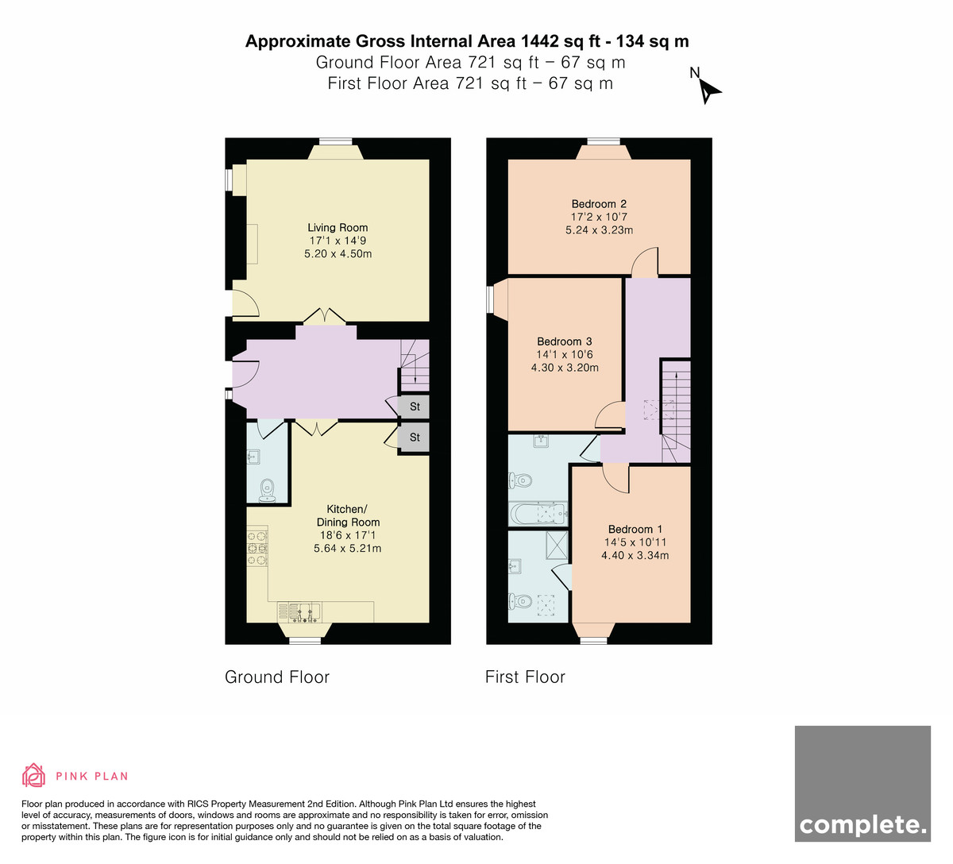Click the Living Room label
coord(338,228)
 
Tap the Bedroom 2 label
coord(599,204)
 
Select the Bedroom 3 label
coord(565,341)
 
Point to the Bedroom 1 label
coord(635,529)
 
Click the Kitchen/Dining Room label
coord(348,515)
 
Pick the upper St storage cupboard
coord(415,407)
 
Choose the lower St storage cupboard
coord(415,438)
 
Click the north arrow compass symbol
coord(709,91)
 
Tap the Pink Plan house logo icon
coord(33,775)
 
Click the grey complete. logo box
coord(862,783)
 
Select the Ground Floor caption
coord(277,677)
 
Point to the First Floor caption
coord(525,677)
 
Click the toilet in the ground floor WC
coord(268,490)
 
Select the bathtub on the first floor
coord(538,515)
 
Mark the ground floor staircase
coord(415,365)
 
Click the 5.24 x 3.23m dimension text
coord(599,230)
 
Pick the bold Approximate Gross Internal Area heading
coord(467,41)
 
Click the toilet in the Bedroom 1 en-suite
coord(519,601)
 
